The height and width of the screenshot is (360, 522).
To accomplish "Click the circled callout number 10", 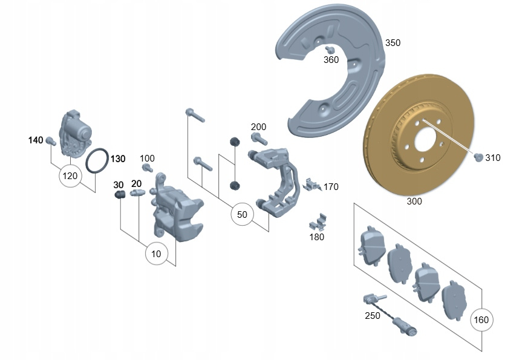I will tap(156, 254).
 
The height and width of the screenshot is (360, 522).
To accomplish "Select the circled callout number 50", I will tap(242, 214).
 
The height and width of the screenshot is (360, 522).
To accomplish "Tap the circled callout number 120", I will tap(71, 176).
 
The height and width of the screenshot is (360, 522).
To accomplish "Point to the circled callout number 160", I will tap(481, 319).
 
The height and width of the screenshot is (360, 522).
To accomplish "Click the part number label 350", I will tap(393, 43).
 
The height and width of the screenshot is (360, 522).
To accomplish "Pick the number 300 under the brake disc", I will tap(414, 201).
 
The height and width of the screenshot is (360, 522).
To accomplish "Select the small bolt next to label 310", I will tap(478, 158).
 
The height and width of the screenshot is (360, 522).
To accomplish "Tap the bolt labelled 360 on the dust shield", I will tap(330, 50).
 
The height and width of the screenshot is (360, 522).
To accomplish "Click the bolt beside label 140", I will tap(50, 142).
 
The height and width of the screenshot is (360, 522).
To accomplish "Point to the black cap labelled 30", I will tap(120, 194).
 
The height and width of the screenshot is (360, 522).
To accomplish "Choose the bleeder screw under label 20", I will tap(135, 194).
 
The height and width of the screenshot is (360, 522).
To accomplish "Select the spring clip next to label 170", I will tap(312, 185).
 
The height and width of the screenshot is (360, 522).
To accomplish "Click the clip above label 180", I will tap(318, 222).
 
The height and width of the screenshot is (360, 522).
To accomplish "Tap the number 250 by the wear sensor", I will tap(373, 316).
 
